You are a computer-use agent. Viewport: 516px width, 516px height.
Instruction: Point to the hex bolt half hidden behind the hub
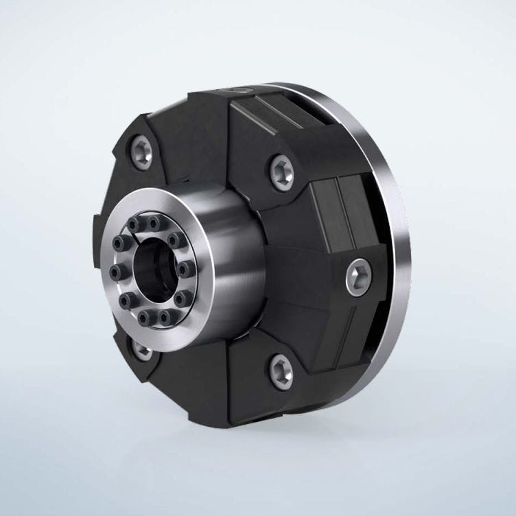coord(142,350)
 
